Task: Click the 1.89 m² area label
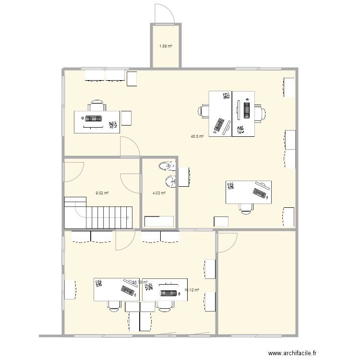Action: coord(166,47)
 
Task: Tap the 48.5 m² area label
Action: coord(197,136)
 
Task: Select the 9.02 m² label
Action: coord(102,193)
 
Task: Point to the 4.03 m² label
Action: coord(159,193)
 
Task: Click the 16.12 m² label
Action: coord(192,290)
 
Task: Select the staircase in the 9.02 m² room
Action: coord(98,212)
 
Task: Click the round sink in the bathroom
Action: coord(170,181)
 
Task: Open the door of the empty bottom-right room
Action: coord(226,242)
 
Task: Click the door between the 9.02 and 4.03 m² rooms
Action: coord(131,182)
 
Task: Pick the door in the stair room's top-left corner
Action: coord(73,171)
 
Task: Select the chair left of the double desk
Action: coord(204,111)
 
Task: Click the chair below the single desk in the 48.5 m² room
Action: coord(247,207)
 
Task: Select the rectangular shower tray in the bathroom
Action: coord(159,221)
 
